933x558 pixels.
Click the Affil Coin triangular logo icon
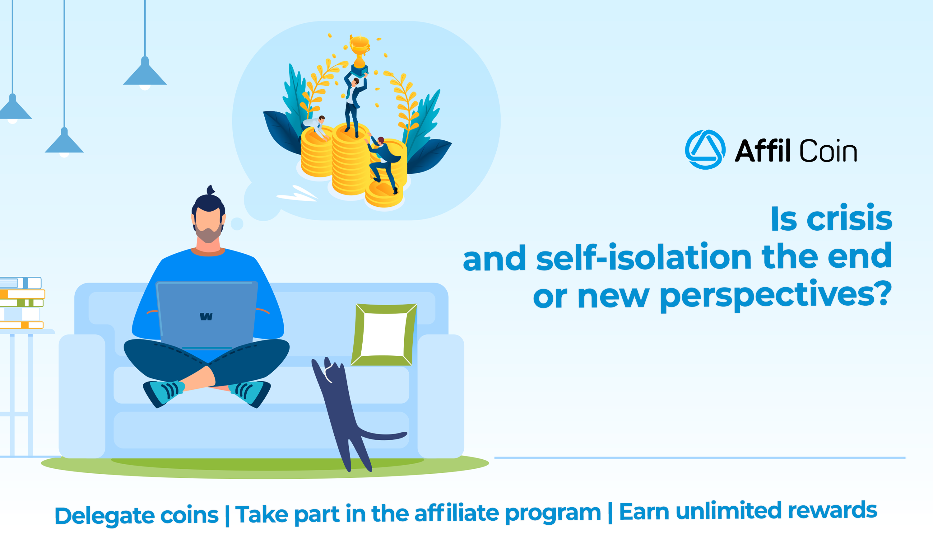[705, 150]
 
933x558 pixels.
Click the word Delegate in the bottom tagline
[104, 516]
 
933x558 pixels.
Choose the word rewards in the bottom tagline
[832, 511]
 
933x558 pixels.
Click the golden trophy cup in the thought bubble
[360, 51]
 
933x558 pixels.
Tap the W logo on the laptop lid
[206, 317]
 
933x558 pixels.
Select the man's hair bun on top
[211, 190]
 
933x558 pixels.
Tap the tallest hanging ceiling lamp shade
[145, 73]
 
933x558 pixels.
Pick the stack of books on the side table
[22, 303]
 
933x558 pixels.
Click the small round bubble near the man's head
[237, 224]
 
